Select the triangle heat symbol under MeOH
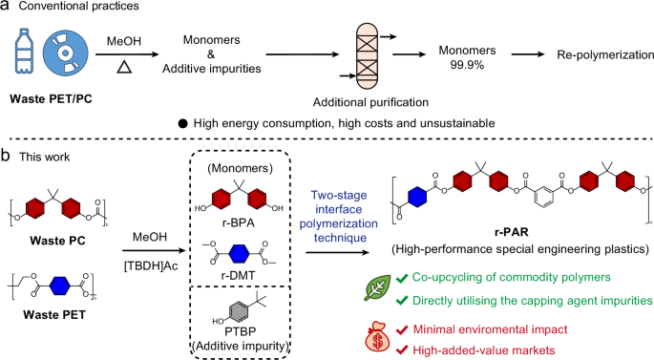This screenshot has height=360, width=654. coord(123,68)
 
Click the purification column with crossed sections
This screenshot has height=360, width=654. coord(364,55)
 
